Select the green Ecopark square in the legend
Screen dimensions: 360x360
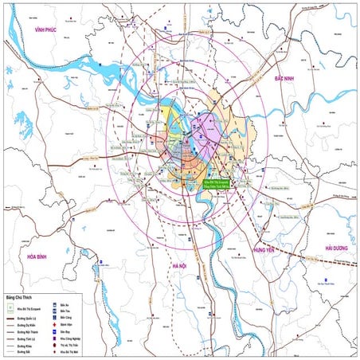9,307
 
